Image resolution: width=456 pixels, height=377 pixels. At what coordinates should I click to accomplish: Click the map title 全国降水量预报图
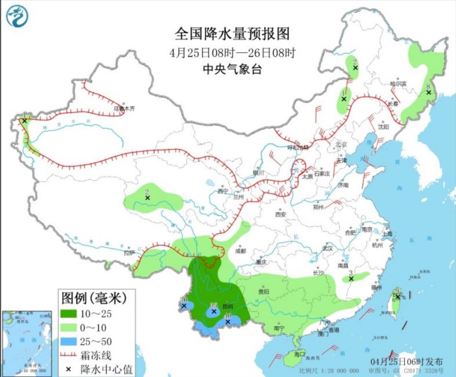[x=232, y=34]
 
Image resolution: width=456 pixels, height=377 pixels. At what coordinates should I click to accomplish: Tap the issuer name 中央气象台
[x=232, y=69]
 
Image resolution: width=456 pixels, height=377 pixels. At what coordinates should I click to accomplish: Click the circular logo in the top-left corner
[x=17, y=16]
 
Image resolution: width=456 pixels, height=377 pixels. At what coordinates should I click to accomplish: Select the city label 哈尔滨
[x=398, y=84]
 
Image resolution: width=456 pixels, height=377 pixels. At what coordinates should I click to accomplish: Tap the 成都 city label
[x=241, y=251]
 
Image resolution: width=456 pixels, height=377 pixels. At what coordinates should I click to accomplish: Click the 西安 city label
[x=280, y=214]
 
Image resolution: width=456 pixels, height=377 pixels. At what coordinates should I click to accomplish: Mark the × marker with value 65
[x=213, y=311]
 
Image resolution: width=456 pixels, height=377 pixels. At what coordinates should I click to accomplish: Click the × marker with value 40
[x=228, y=322]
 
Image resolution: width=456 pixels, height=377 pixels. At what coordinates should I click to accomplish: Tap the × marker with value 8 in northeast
[x=428, y=92]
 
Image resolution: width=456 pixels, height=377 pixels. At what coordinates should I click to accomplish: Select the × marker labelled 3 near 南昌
[x=351, y=278]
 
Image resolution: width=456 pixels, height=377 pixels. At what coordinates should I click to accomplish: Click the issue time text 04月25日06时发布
[x=406, y=361]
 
